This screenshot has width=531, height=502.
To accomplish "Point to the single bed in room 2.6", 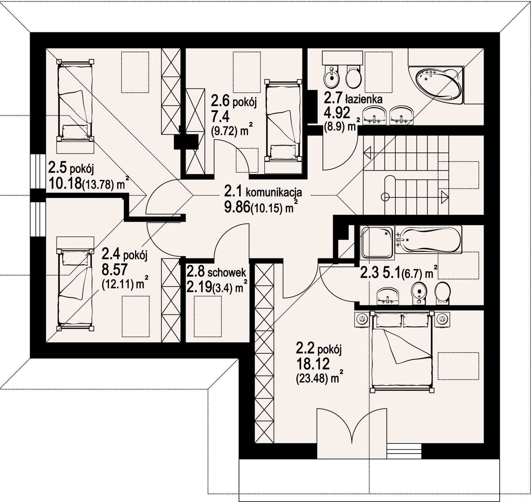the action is tap(283, 120).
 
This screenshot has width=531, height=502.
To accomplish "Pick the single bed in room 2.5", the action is tap(75, 100).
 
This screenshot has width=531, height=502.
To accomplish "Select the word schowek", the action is tap(227, 272).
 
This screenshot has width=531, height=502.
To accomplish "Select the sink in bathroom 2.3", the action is tap(387, 295).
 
